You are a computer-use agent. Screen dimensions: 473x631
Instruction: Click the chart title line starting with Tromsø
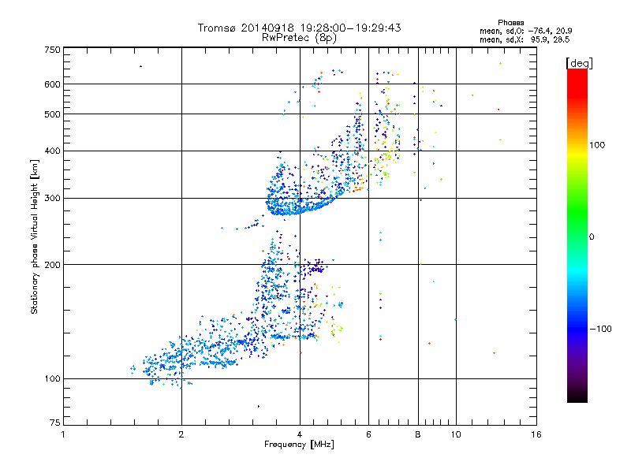coord(300,28)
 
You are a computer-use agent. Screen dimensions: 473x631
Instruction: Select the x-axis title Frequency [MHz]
coord(299,445)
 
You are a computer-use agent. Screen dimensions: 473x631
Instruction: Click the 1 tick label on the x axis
coord(63,434)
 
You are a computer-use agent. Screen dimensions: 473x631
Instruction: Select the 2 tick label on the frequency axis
coord(181,434)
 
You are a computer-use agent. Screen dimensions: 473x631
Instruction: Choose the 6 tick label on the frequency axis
coord(369,434)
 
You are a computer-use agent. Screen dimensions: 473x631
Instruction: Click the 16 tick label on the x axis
coord(536,434)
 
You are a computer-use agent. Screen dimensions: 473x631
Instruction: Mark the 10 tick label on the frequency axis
coord(456,434)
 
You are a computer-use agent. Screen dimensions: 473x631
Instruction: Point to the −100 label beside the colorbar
coord(603,328)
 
